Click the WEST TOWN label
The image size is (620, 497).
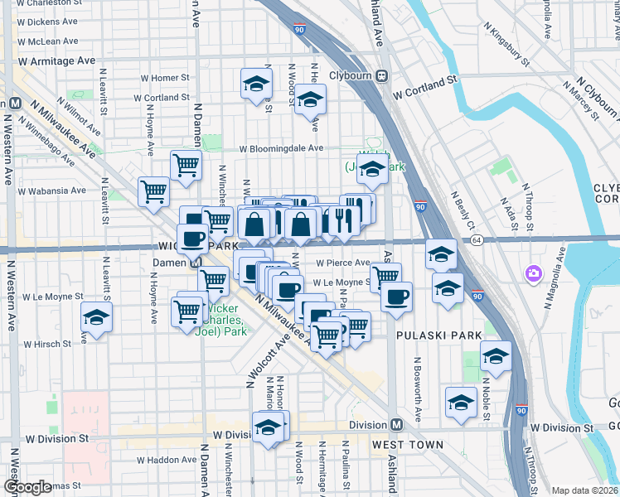tap(401, 445)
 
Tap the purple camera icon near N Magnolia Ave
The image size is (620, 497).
tap(532, 273)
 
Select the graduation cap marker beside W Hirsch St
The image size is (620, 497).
tap(97, 318)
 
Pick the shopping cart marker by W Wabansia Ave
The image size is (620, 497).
tap(154, 191)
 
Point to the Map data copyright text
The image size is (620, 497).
tap(584, 490)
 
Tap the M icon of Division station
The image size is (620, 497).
tap(397, 425)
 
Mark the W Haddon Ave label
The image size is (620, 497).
tap(167, 460)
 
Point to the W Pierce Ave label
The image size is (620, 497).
tap(342, 263)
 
